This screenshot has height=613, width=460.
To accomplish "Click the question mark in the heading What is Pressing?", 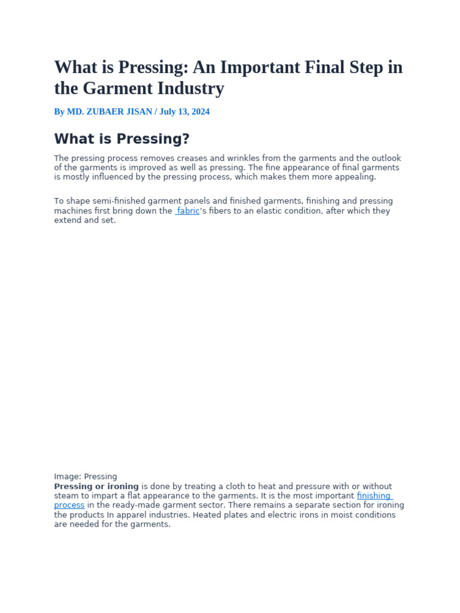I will coord(186,139).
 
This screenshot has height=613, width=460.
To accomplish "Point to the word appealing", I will coord(357,177).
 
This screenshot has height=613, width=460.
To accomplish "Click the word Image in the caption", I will coord(66,477).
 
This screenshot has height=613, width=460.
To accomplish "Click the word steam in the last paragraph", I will coord(66,496).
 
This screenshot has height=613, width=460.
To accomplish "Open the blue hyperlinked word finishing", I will coord(374,496).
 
